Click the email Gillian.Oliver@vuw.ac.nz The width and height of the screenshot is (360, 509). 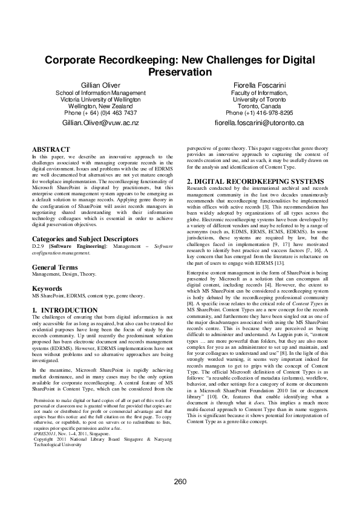click(100, 123)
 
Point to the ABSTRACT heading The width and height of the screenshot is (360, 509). click(51, 149)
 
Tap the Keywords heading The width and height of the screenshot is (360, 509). click(47, 289)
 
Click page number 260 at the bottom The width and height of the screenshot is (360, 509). click(180, 482)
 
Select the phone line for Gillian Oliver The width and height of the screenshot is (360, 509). click(100, 112)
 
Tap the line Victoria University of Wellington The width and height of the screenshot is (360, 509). click(100, 99)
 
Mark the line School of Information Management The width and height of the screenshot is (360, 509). click(100, 92)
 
